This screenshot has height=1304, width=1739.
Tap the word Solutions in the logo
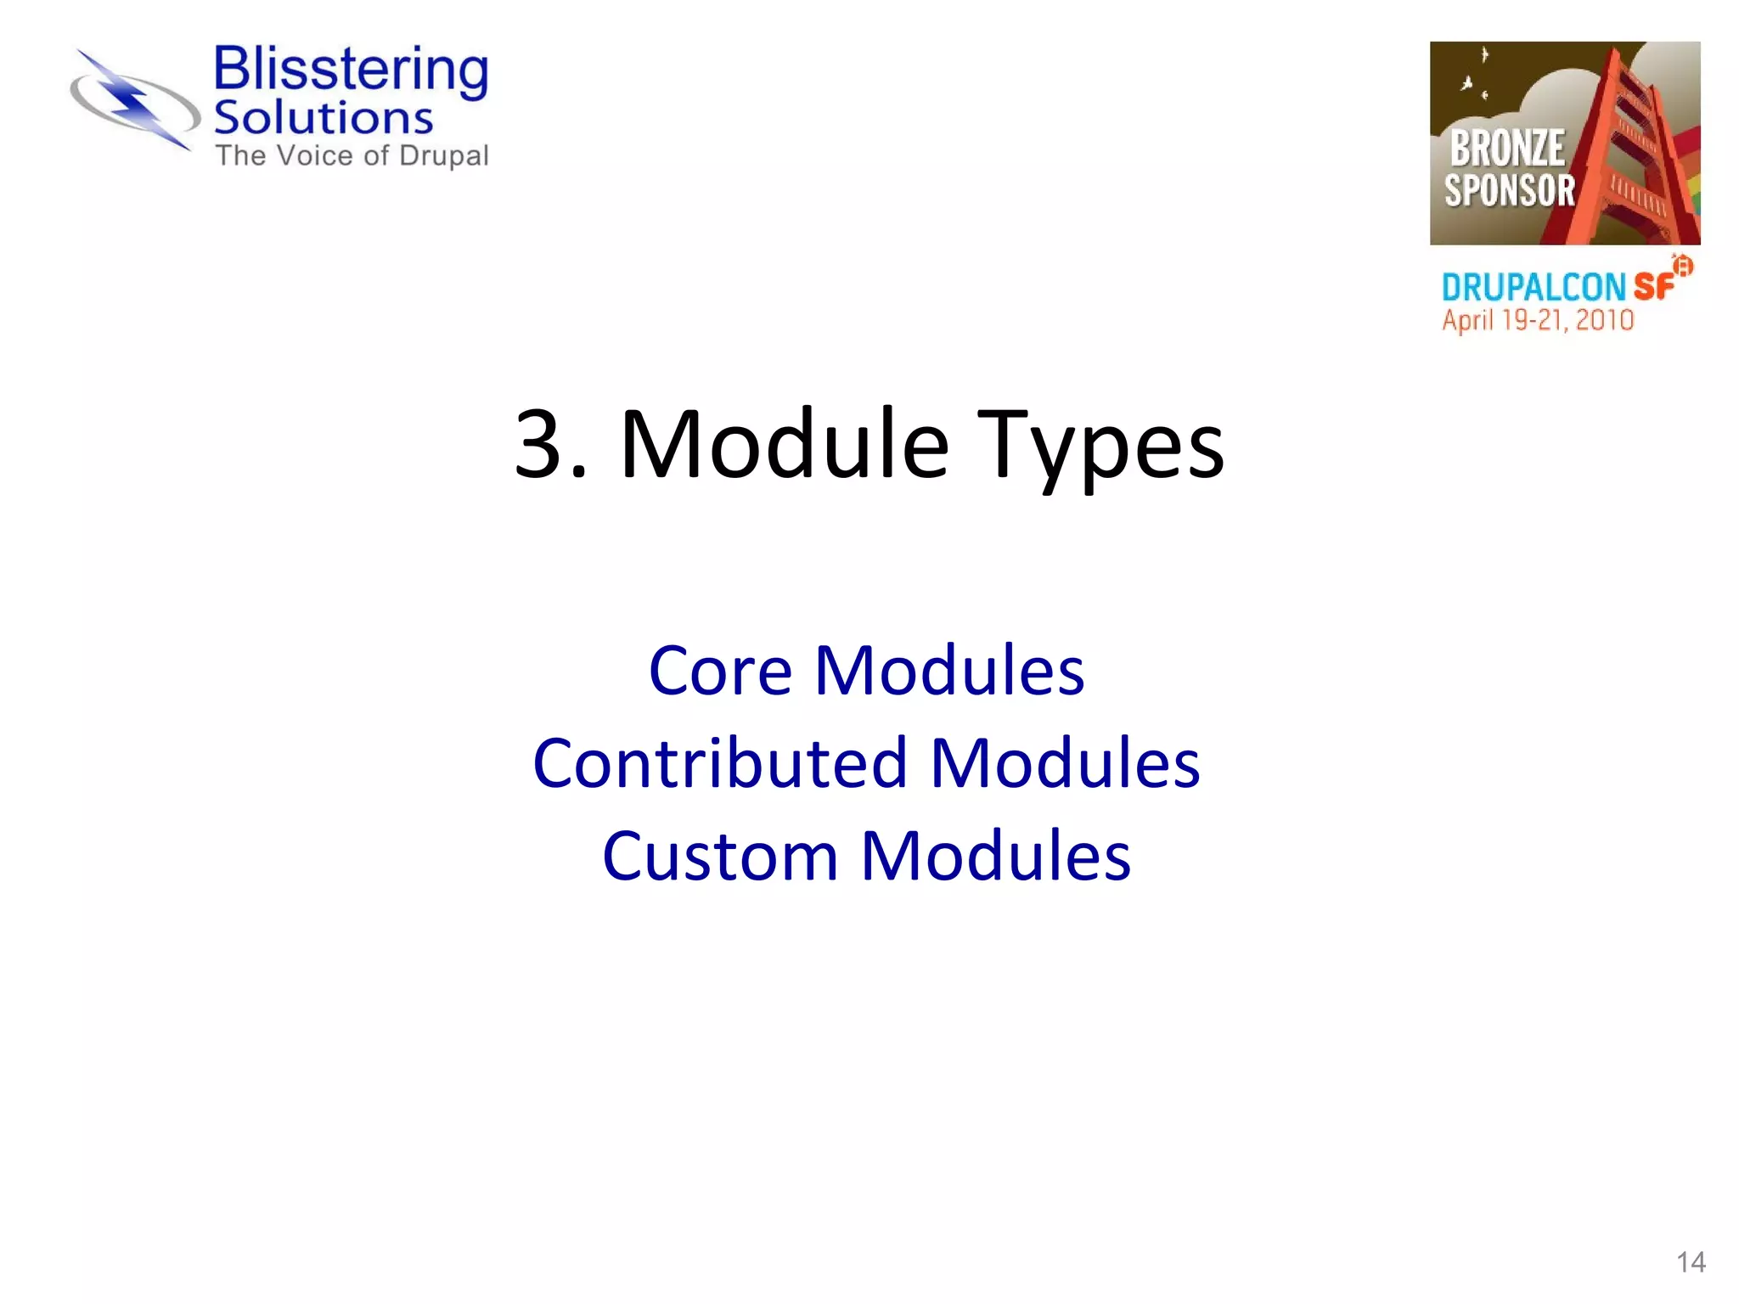(x=323, y=118)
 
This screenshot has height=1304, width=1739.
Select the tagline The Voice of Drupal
(x=352, y=156)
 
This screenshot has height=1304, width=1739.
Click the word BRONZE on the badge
(x=1507, y=149)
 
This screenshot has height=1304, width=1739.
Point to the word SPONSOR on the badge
(x=1510, y=190)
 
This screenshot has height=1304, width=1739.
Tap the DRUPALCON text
(x=1534, y=288)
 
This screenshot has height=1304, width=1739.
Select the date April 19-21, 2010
(x=1538, y=320)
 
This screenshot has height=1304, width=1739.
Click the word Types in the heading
(x=1100, y=445)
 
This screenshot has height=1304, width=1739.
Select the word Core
(x=720, y=671)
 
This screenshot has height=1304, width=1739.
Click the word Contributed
(x=720, y=763)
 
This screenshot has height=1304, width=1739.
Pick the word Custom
(x=720, y=856)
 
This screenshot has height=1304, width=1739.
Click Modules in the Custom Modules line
(x=995, y=856)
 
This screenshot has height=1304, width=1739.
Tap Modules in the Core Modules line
(x=949, y=671)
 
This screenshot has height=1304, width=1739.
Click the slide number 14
(x=1691, y=1262)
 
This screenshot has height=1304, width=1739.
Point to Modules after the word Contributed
(x=1065, y=763)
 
